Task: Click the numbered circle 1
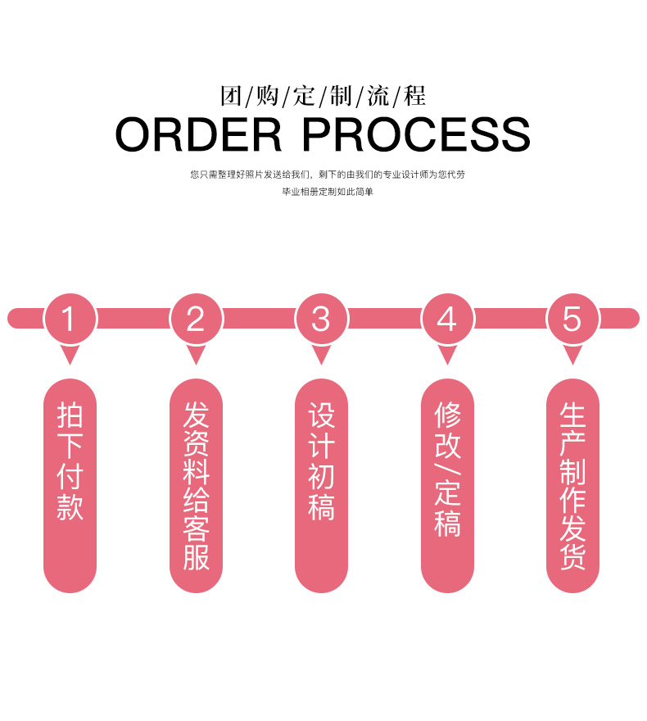pyautogui.click(x=70, y=319)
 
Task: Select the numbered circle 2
pyautogui.click(x=197, y=319)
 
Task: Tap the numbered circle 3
pyautogui.click(x=321, y=319)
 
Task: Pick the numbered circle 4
pyautogui.click(x=447, y=319)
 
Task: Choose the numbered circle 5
pyautogui.click(x=572, y=319)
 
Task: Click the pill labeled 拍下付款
pyautogui.click(x=70, y=486)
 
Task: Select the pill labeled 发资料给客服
pyautogui.click(x=197, y=486)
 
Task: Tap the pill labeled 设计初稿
pyautogui.click(x=321, y=486)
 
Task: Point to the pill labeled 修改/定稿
pyautogui.click(x=447, y=486)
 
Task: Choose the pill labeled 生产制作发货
pyautogui.click(x=572, y=486)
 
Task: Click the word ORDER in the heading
pyautogui.click(x=198, y=134)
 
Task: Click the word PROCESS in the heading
pyautogui.click(x=416, y=134)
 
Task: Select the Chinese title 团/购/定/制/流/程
pyautogui.click(x=323, y=96)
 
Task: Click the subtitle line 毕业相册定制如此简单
pyautogui.click(x=328, y=192)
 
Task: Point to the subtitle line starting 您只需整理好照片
pyautogui.click(x=328, y=175)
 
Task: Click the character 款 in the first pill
pyautogui.click(x=70, y=507)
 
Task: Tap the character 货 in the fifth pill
pyautogui.click(x=572, y=557)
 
